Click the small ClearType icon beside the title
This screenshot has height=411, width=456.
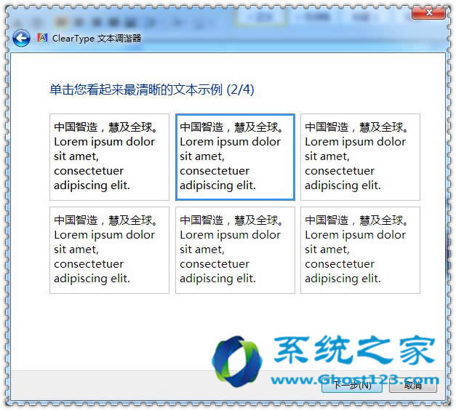click(43, 38)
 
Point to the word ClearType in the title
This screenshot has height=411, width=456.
click(73, 39)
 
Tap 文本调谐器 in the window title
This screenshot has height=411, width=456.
click(119, 39)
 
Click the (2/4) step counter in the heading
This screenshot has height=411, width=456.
click(241, 89)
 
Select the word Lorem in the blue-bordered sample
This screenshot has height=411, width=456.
click(196, 142)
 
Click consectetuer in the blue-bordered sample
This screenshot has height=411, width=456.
click(215, 171)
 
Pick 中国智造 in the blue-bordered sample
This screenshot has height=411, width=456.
click(201, 127)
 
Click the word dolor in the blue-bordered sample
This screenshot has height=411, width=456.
click(265, 142)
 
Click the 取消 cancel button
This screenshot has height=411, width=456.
click(413, 386)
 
